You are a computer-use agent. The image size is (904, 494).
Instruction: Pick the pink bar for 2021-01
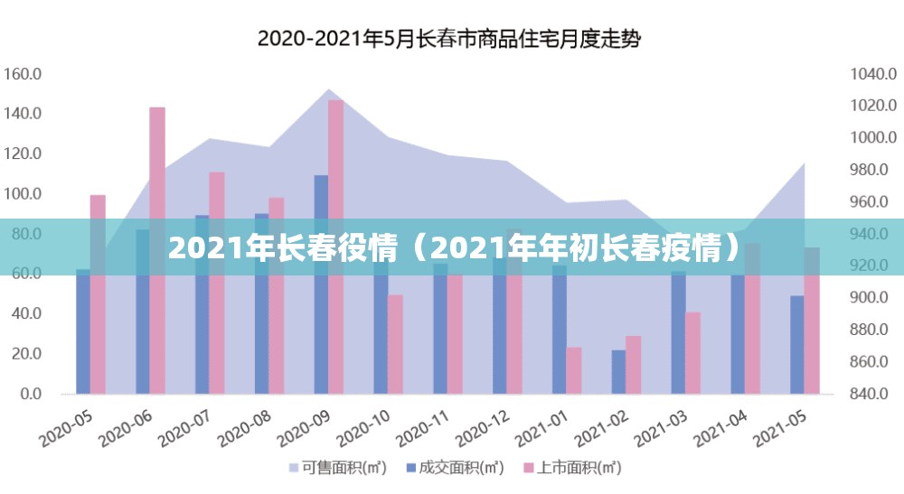(x=574, y=370)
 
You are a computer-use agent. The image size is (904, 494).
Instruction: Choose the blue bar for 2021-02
(x=618, y=371)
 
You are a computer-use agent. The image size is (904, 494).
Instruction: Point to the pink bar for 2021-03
(x=692, y=352)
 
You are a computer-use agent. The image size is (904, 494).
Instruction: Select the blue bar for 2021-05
(x=797, y=344)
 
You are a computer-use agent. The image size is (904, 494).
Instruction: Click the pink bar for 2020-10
(x=395, y=343)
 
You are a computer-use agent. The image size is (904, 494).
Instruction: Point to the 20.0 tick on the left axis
(x=25, y=354)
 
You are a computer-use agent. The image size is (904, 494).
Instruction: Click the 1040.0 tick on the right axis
(x=871, y=74)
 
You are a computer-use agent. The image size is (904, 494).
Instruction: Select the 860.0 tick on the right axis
(x=871, y=362)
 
